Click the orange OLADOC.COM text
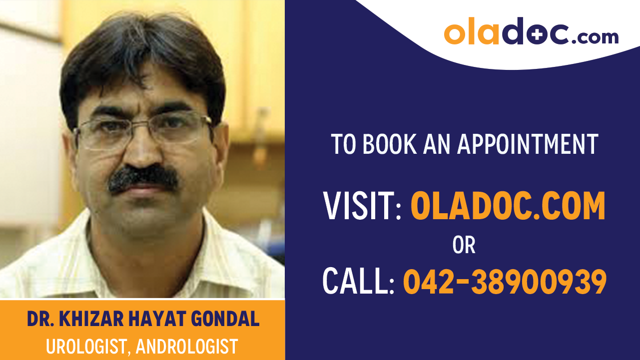point(508,206)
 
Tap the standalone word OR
point(464,245)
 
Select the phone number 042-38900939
point(505,281)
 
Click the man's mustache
point(143,178)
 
